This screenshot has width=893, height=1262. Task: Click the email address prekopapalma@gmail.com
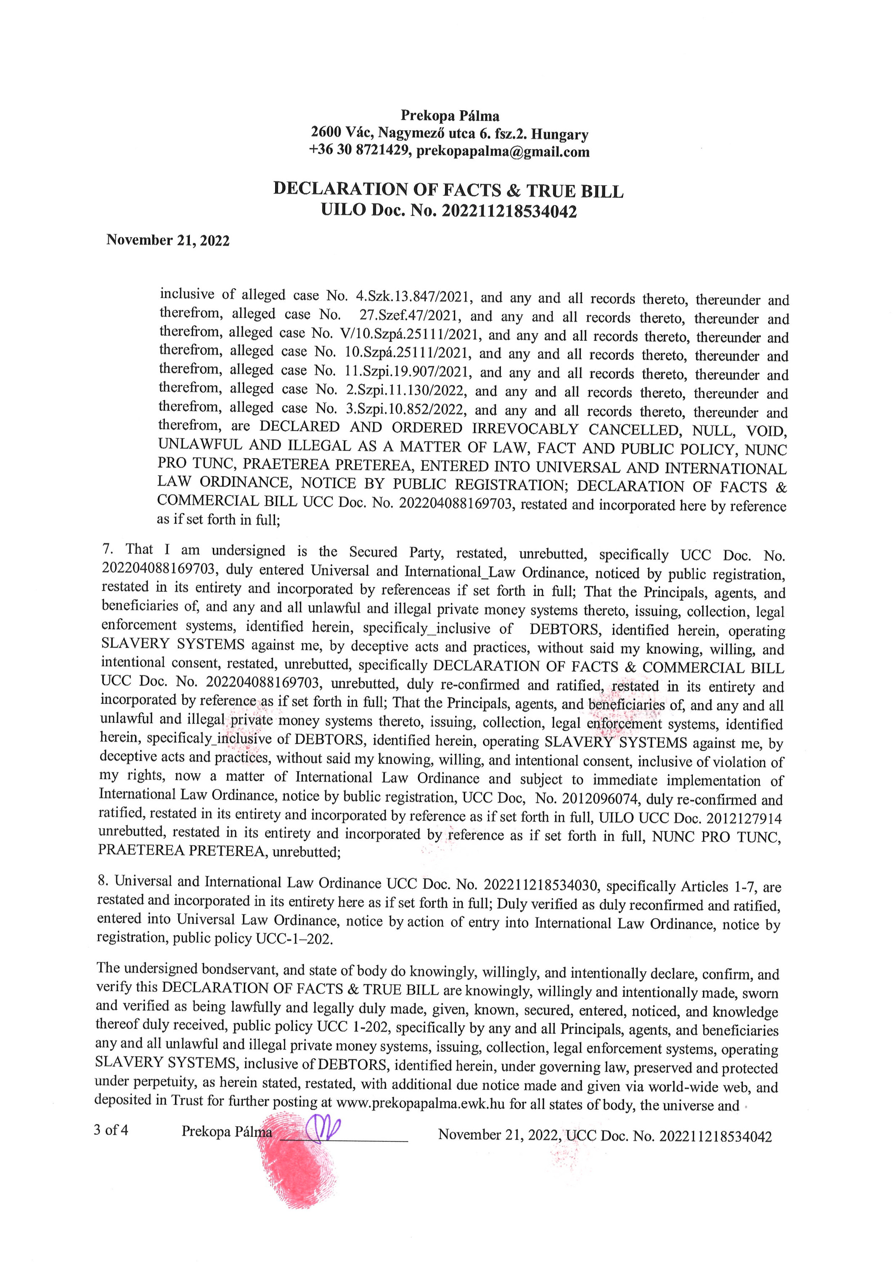[x=503, y=152]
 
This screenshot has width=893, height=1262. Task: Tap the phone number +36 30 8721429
[x=360, y=151]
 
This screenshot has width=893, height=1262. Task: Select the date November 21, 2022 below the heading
[x=168, y=240]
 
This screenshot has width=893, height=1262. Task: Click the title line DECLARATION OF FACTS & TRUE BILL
[x=448, y=190]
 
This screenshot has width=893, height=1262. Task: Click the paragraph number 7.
[x=107, y=549]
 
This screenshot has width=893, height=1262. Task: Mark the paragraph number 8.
[x=102, y=881]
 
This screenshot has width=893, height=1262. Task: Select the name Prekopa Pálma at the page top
[x=450, y=116]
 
